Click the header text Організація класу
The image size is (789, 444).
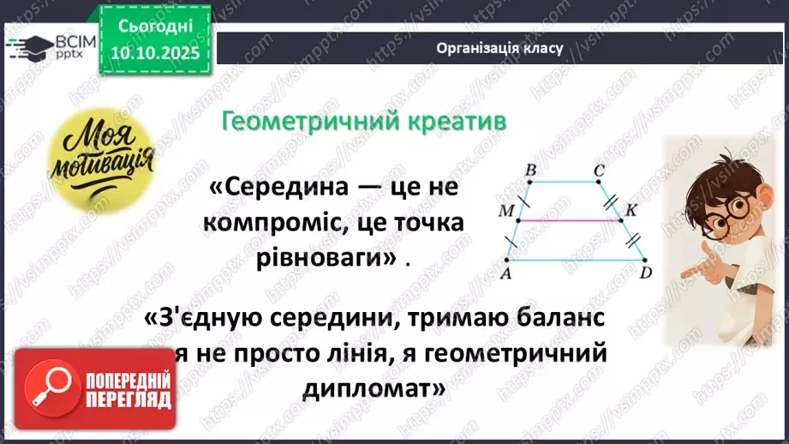pos(499,48)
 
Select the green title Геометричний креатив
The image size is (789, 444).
pos(363,122)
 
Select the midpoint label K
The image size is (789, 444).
pos(631,210)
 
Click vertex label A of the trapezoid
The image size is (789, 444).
pos(506,273)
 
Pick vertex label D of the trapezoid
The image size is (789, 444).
pos(647,273)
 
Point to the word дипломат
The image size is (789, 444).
pos(374,387)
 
